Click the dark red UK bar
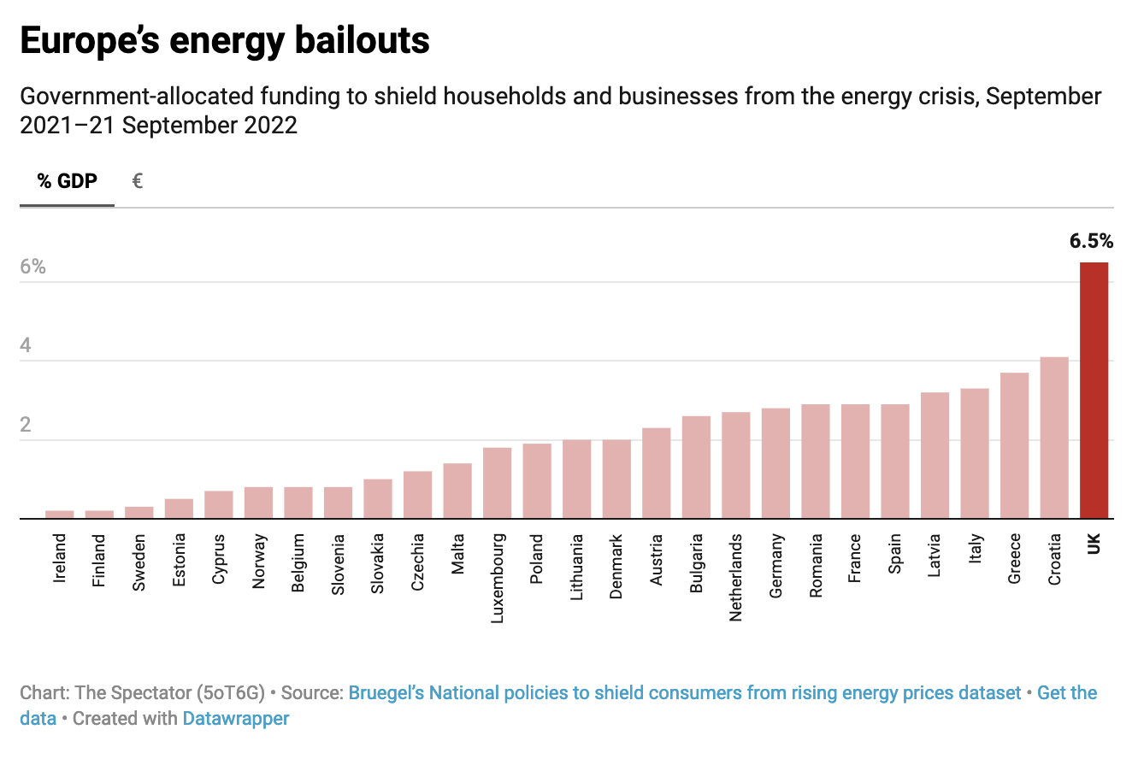(1094, 390)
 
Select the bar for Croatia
(1054, 437)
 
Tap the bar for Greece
(1014, 445)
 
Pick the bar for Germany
(775, 462)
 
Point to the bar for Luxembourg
(497, 482)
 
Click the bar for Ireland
(60, 514)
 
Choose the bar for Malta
(457, 491)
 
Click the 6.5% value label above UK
(1091, 241)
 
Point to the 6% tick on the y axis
(32, 267)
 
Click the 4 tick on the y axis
(26, 345)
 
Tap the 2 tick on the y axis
(26, 425)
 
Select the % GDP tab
(67, 181)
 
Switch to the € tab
(137, 181)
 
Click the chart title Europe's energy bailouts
(224, 41)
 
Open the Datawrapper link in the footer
(236, 718)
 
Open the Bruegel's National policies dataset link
(684, 692)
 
